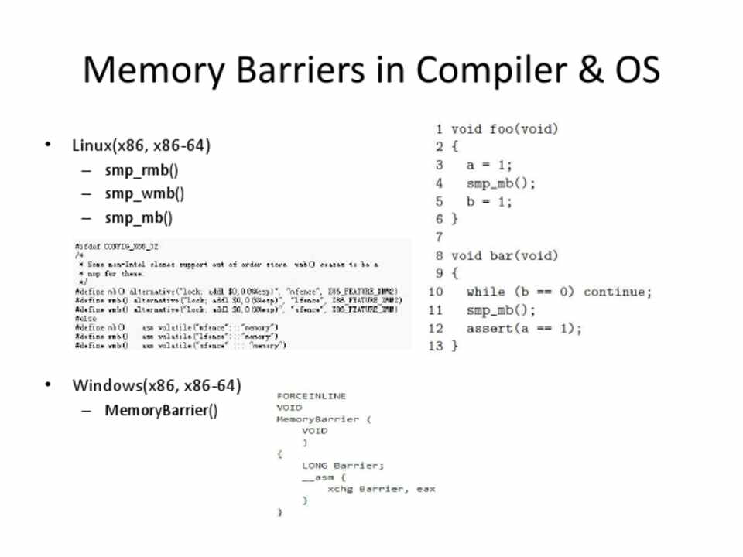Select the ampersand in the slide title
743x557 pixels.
[x=589, y=70]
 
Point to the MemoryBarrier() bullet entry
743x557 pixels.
[x=161, y=410]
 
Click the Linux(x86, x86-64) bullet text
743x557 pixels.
[x=141, y=145]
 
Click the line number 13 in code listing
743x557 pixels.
[x=436, y=346]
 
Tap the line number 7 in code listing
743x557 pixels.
[x=439, y=237]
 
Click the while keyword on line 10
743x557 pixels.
[x=486, y=292]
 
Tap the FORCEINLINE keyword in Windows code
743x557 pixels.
[x=311, y=396]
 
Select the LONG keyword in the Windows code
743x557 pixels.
[x=315, y=466]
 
